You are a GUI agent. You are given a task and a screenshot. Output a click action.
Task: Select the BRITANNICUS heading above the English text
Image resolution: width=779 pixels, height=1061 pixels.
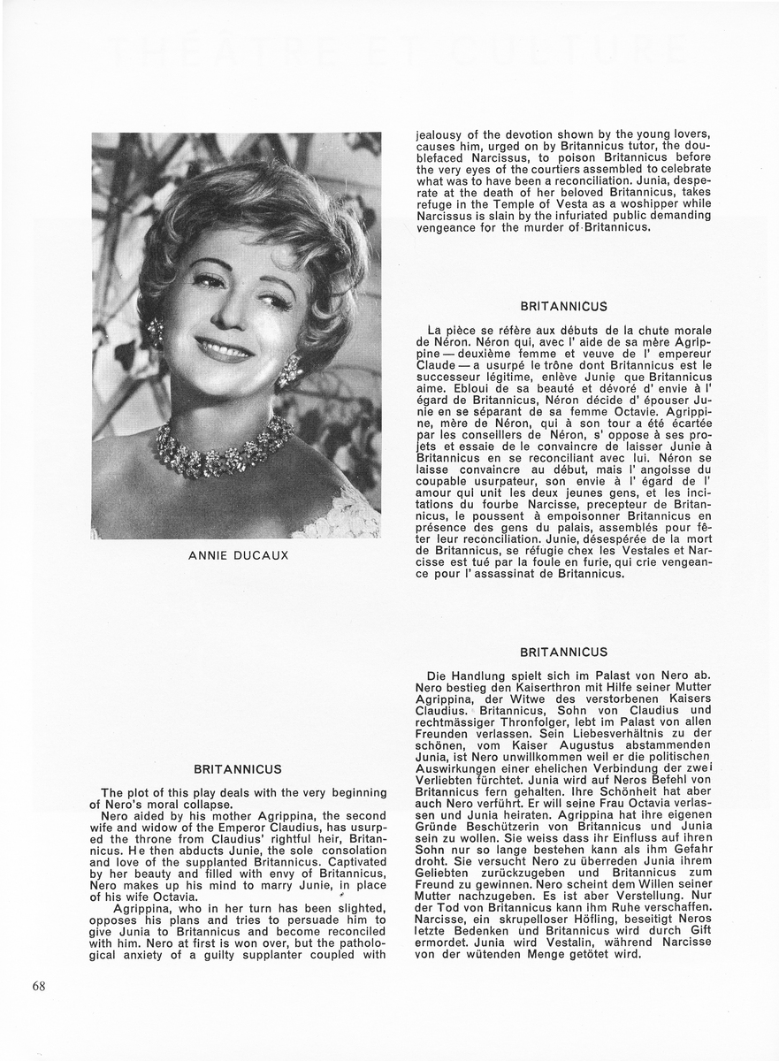tap(237, 770)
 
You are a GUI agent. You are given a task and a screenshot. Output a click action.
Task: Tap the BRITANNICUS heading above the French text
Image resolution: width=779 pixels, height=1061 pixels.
tap(564, 307)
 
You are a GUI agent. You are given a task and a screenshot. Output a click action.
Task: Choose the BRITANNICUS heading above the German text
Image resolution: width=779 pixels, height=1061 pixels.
tap(564, 653)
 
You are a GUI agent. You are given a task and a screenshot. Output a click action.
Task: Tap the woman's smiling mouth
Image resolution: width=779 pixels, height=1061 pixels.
tap(223, 348)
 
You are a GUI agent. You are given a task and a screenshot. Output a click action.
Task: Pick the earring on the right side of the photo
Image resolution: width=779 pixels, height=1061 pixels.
tap(290, 370)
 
